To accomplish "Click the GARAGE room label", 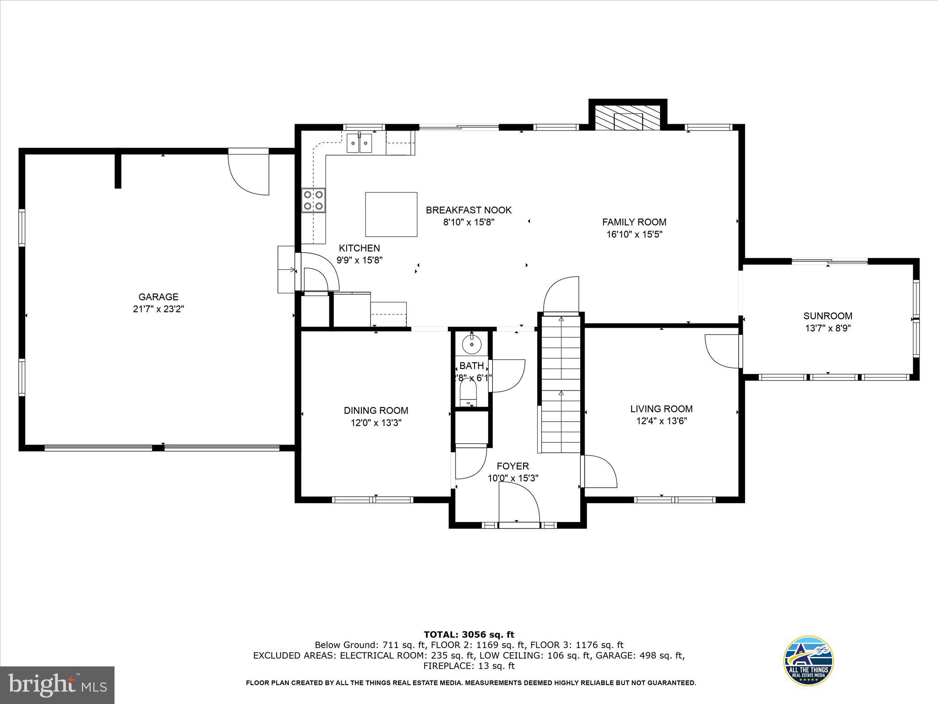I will pos(158,297).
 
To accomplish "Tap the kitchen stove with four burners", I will pos(313,201).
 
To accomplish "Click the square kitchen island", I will pos(391,214).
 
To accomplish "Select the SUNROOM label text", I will pos(828,316).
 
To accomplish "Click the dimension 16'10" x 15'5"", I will pos(634,234).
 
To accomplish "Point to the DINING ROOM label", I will pos(376,411).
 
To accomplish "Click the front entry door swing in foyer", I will pos(519,503).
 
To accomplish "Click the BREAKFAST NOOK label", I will pos(469,210).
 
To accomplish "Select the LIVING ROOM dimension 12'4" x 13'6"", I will pos(661,421).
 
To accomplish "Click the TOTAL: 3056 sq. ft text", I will pos(469,634).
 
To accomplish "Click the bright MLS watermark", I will pos(57,685).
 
